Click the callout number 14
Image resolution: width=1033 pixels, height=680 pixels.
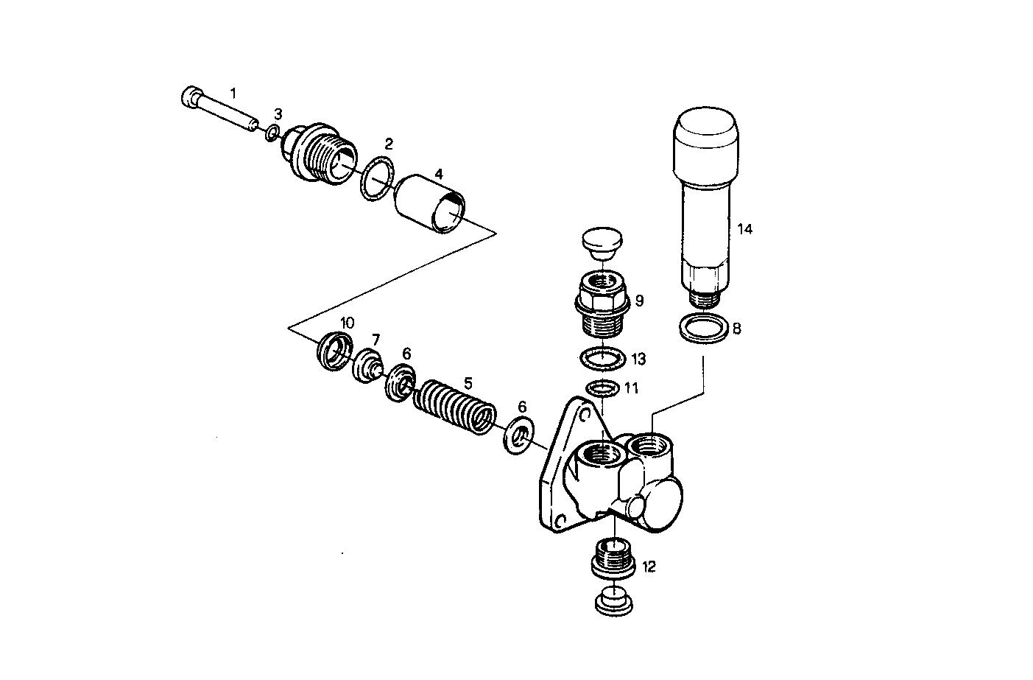pos(744,229)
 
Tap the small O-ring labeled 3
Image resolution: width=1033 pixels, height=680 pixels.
pos(272,133)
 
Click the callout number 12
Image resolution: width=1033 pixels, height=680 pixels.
pos(648,567)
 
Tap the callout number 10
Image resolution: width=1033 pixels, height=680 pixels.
pos(347,323)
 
